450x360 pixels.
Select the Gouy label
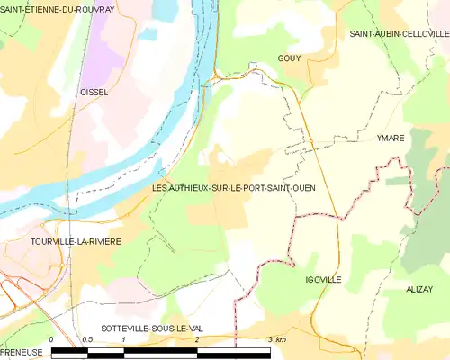[290, 58]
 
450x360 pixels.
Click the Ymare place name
[391, 138]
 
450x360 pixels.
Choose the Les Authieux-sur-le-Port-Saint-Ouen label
[234, 188]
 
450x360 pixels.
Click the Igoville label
[323, 280]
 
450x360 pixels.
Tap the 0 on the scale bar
[51, 339]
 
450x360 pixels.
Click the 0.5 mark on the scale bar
[87, 339]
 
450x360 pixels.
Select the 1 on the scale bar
[123, 339]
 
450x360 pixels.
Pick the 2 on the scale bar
[196, 339]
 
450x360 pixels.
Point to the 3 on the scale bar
[269, 339]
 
